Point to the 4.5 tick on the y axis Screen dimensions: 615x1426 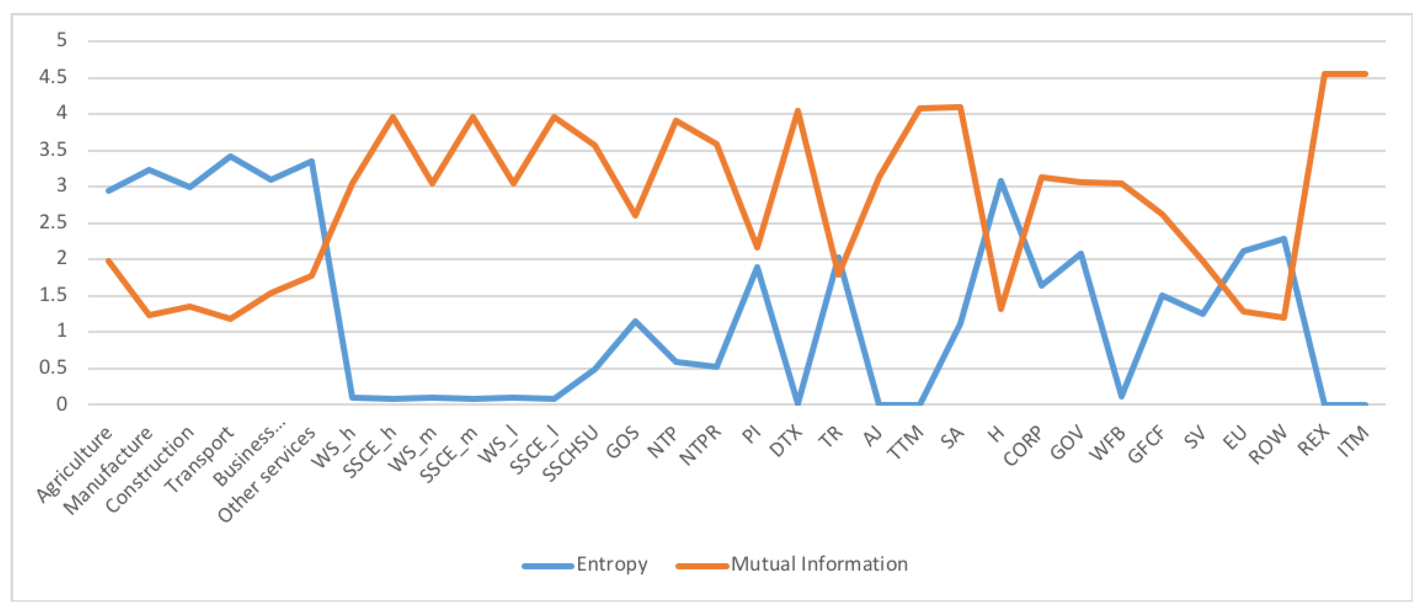53,77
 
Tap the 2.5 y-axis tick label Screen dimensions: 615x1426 53,223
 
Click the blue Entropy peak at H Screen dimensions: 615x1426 1000,181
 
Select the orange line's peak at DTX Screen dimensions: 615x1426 798,111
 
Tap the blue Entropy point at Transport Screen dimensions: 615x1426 230,157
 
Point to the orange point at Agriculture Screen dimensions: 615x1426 109,260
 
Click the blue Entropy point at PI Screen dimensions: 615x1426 757,267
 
